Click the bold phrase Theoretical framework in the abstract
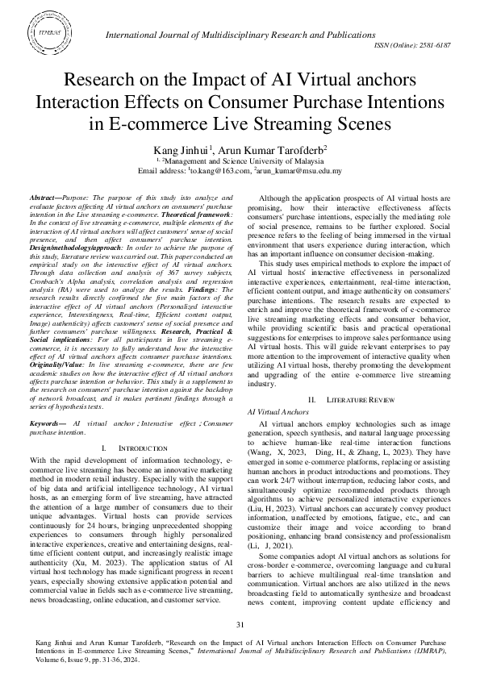[x=197, y=214]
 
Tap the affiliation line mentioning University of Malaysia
[x=240, y=161]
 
